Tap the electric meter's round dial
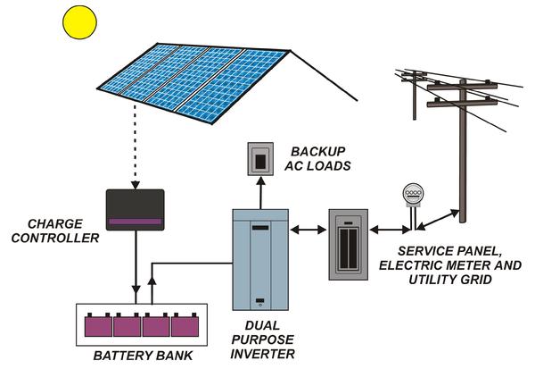[x=412, y=192]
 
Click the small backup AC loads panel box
[x=259, y=160]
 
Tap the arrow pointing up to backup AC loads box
[x=259, y=191]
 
